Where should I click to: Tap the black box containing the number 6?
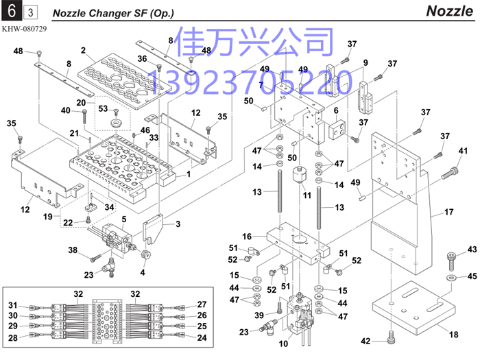(x=11, y=11)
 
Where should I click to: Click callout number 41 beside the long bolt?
(x=463, y=151)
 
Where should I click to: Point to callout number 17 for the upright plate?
(x=449, y=213)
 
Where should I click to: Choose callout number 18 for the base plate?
(x=453, y=334)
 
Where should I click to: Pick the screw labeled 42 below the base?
(x=389, y=337)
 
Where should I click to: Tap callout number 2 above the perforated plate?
(x=83, y=51)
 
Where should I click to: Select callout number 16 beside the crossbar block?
(x=247, y=235)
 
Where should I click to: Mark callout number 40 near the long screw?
(x=66, y=110)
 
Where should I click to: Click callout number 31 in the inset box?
(x=12, y=305)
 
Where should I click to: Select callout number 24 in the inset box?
(x=202, y=337)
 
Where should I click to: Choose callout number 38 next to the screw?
(x=72, y=250)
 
